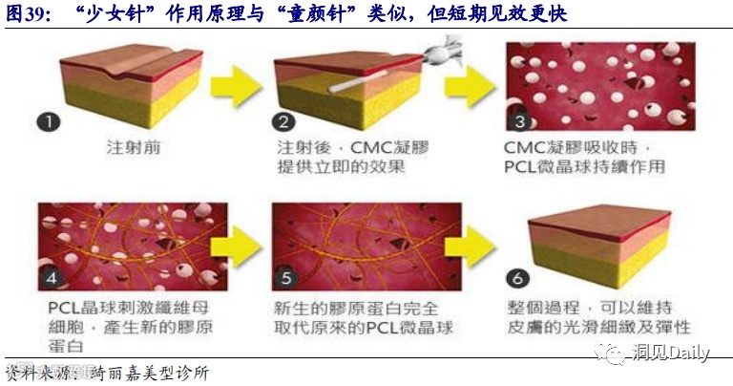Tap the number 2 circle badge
click(x=283, y=122)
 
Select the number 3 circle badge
click(x=520, y=122)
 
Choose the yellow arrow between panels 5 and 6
click(x=474, y=247)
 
